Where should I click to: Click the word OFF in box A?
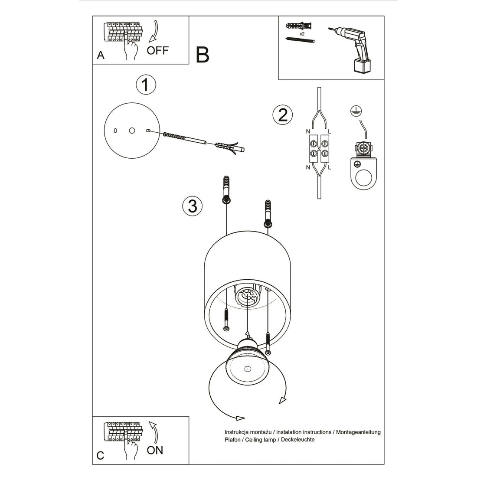(157, 50)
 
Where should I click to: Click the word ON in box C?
(155, 450)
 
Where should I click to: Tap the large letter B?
(203, 55)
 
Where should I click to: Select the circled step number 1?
(146, 85)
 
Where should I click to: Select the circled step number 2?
(282, 115)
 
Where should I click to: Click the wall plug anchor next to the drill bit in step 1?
(226, 146)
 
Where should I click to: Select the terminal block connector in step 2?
(319, 148)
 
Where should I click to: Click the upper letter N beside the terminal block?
(308, 131)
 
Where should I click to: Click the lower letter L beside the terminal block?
(330, 167)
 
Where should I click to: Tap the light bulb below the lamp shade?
(248, 364)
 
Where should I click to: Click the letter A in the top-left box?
(101, 55)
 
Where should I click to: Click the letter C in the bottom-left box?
(101, 455)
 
